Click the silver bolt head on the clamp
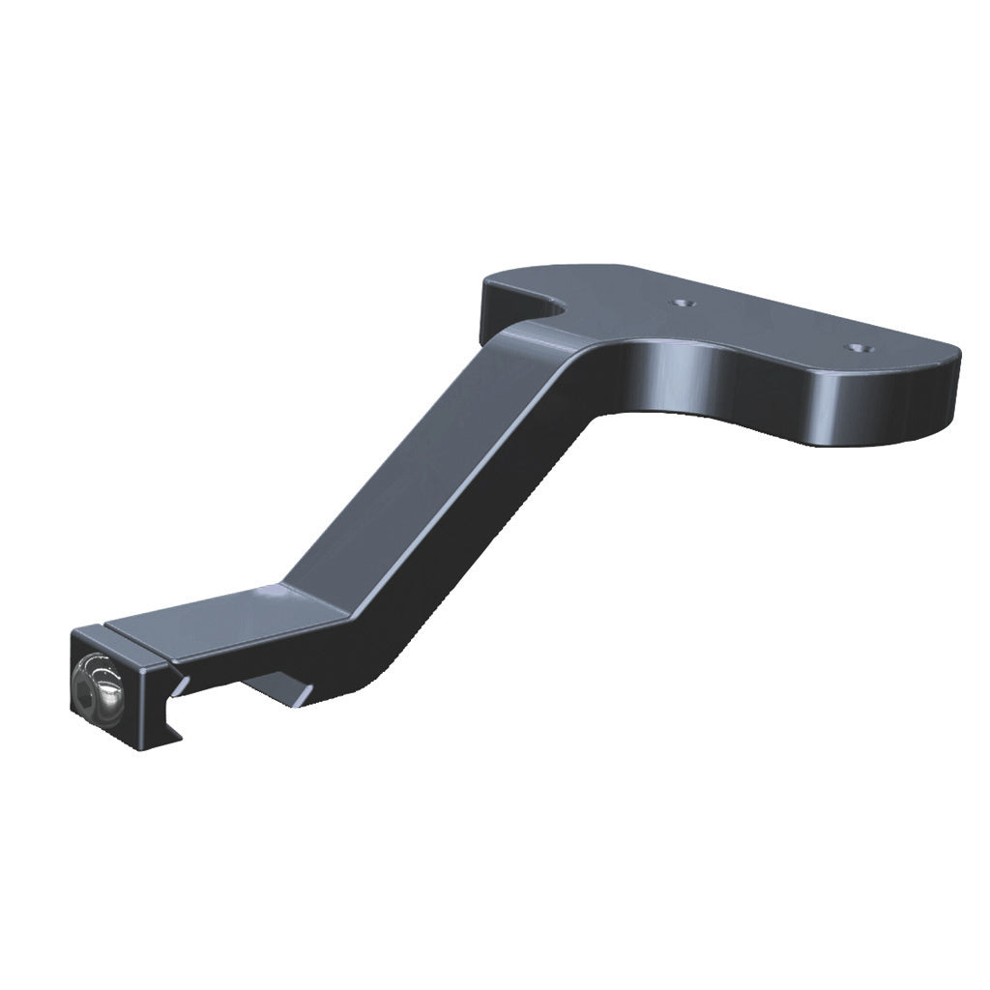coord(98,685)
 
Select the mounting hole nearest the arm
coord(684,303)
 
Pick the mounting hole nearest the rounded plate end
coord(855,345)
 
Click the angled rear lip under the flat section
coord(285,688)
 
